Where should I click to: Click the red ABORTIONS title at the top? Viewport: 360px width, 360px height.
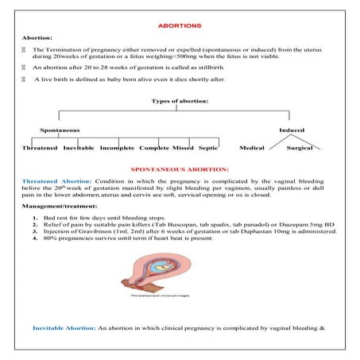[x=180, y=25]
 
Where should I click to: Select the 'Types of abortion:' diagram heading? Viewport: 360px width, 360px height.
[x=180, y=101]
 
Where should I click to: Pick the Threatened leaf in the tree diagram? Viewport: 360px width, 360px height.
[x=40, y=149]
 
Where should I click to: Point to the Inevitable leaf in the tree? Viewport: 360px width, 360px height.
[x=79, y=149]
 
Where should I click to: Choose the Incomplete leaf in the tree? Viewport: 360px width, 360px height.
[x=116, y=149]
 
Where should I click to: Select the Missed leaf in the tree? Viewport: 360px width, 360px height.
[x=183, y=149]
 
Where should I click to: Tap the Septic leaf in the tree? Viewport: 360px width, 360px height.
[x=208, y=149]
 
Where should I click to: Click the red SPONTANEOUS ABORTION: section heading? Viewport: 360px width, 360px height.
[x=180, y=169]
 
